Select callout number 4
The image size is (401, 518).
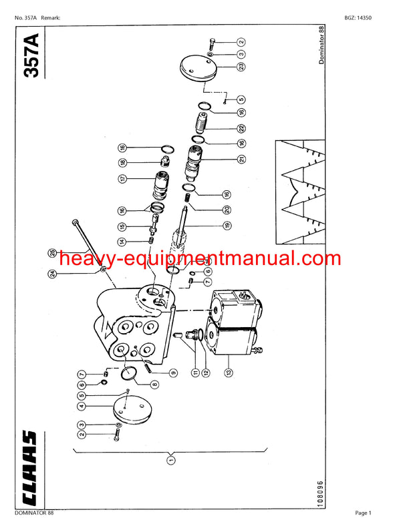[81, 406]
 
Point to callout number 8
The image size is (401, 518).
[155, 384]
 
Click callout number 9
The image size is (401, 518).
[174, 373]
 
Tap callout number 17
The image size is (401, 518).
[122, 178]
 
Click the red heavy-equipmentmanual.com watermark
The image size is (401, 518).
[190, 259]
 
